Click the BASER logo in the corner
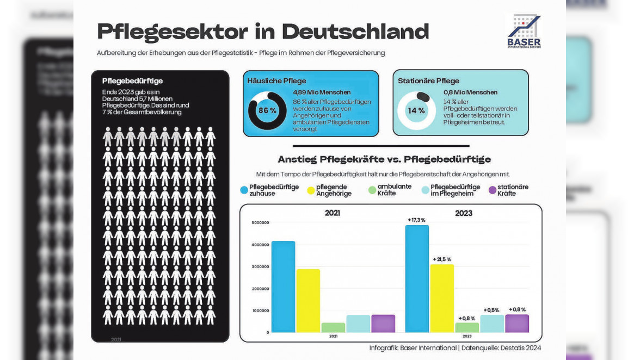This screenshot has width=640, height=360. click(x=524, y=32)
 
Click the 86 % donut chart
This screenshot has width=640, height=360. click(x=267, y=110)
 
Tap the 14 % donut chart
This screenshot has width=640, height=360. click(x=416, y=110)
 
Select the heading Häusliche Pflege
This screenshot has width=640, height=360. click(x=276, y=81)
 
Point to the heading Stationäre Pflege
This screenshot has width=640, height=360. click(x=428, y=81)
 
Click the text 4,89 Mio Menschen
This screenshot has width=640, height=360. click(x=322, y=92)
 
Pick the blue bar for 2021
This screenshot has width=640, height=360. click(x=283, y=287)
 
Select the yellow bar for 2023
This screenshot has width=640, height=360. click(x=442, y=298)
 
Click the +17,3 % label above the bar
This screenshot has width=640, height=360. click(x=416, y=220)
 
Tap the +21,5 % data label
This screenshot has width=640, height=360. click(x=442, y=259)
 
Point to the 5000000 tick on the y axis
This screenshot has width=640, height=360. click(x=260, y=222)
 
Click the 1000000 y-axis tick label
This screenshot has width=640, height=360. click(x=260, y=311)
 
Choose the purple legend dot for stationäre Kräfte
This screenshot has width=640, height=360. click(x=493, y=190)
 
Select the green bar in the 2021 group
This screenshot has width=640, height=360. click(x=333, y=327)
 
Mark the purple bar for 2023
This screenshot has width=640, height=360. click(x=516, y=324)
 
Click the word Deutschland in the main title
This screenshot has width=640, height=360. click(x=355, y=32)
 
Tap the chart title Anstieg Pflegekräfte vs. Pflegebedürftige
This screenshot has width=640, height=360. click(x=384, y=159)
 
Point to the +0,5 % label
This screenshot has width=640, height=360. click(x=491, y=310)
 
